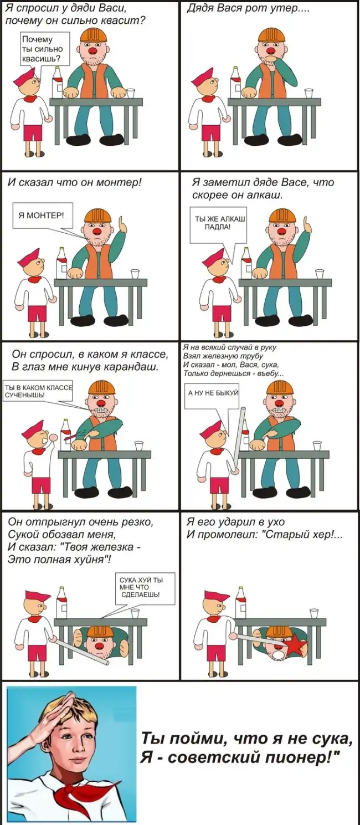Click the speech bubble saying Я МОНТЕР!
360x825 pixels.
coord(43,216)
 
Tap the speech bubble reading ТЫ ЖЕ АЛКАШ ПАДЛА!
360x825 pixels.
coord(218,224)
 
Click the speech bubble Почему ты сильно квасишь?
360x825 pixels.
coord(44,49)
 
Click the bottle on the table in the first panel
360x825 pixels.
coord(57,83)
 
